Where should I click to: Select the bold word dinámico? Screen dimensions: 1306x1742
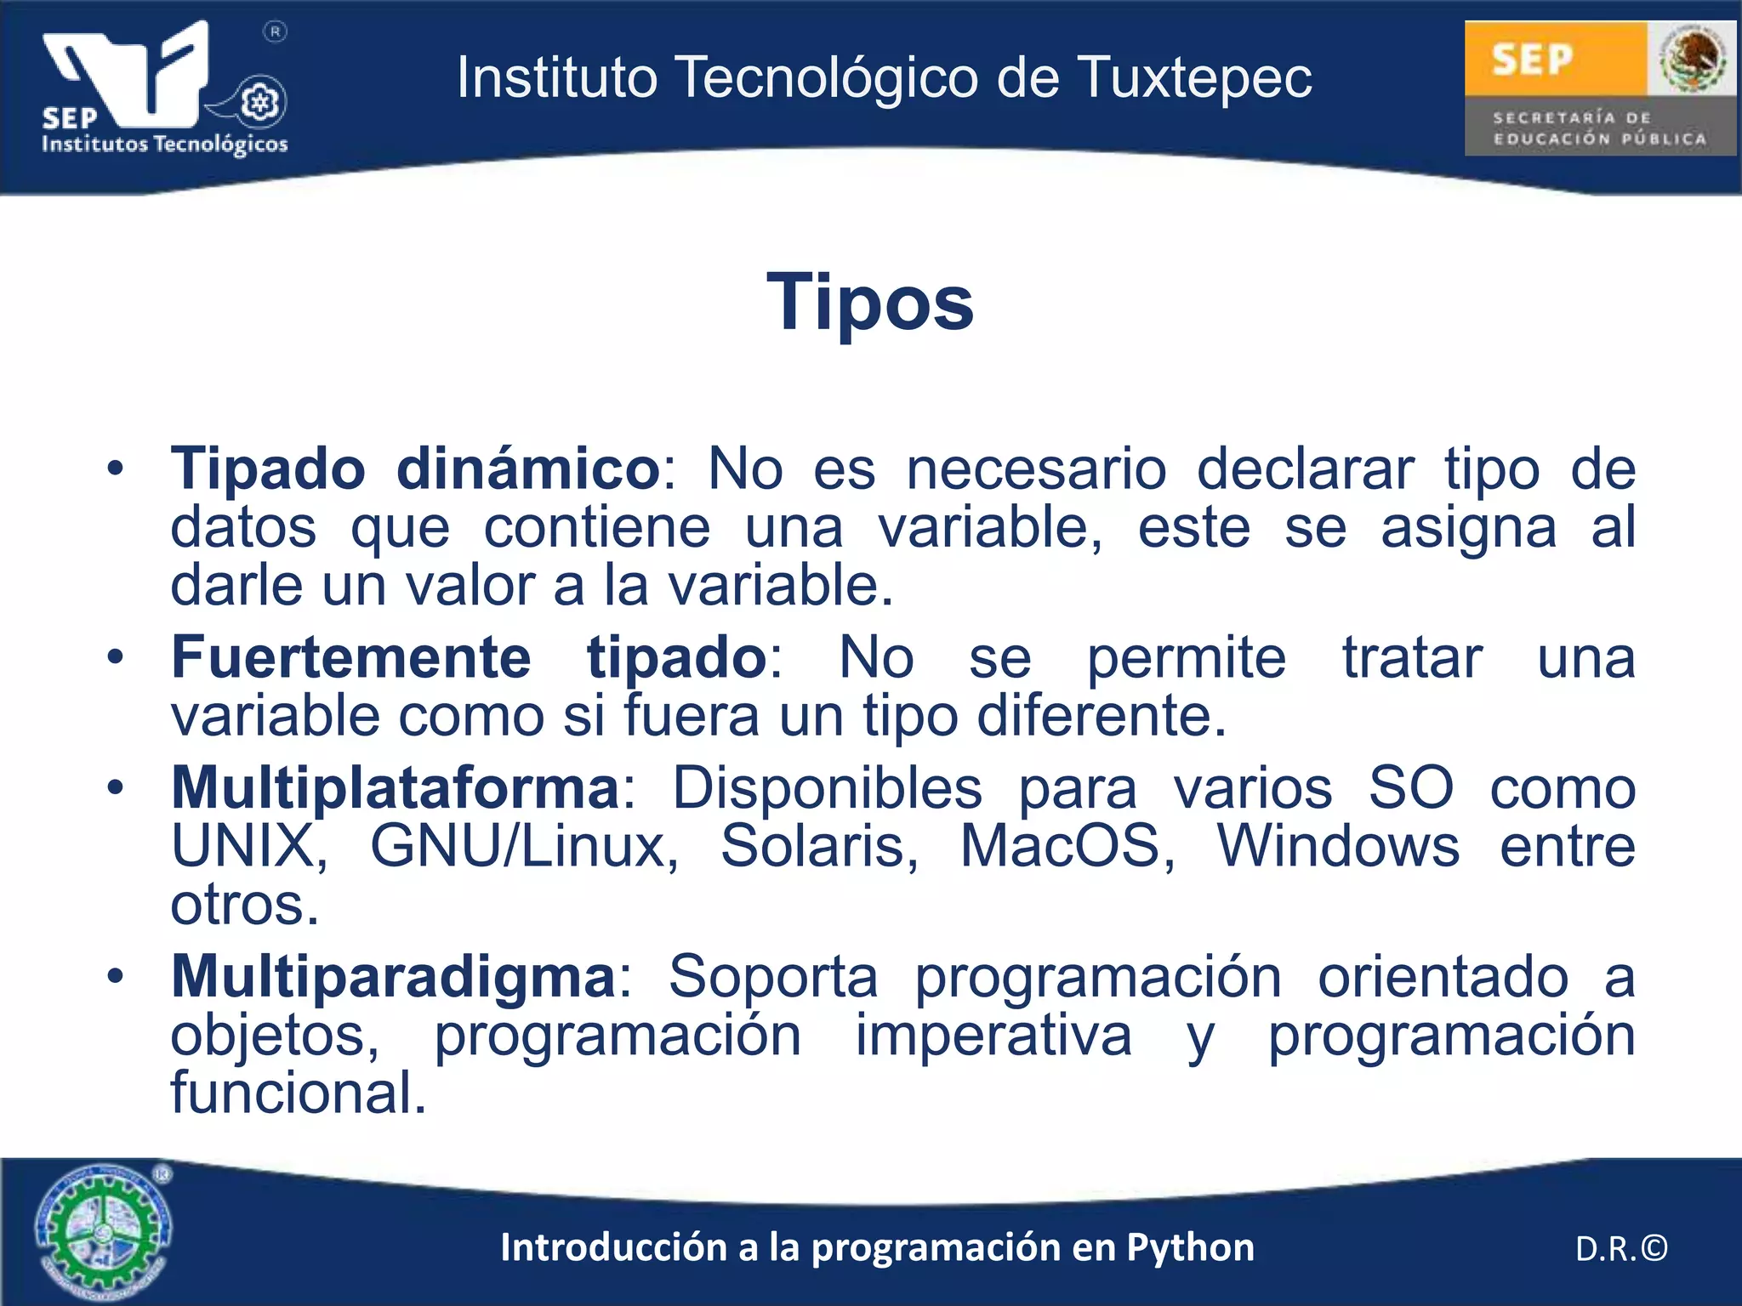[528, 468]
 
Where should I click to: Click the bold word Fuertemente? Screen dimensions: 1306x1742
[351, 657]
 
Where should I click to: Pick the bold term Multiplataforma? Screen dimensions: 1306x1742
[396, 788]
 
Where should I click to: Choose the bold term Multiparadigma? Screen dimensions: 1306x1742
[393, 977]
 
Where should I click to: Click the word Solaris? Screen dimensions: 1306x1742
[819, 846]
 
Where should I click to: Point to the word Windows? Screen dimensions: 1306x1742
[1338, 846]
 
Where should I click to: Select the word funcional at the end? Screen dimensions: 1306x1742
[298, 1093]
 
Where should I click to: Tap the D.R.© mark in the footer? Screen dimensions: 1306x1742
[1620, 1249]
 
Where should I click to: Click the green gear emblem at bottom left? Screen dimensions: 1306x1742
[102, 1231]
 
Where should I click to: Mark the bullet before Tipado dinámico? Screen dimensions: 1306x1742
[116, 468]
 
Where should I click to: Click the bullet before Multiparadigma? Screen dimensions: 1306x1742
[116, 977]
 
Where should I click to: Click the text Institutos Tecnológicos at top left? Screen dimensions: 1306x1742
[164, 144]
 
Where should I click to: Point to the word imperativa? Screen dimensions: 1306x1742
[993, 1036]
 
